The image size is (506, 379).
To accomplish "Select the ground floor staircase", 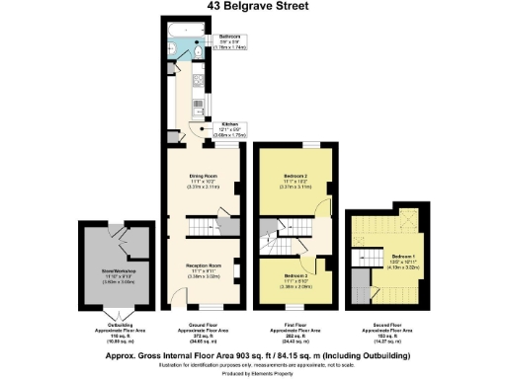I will (204, 228).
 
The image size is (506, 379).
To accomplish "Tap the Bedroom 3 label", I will (294, 279).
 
